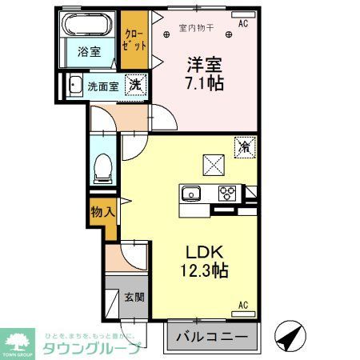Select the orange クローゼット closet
[x=134, y=39]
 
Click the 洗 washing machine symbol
[x=136, y=84]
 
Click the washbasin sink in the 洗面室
[x=74, y=85]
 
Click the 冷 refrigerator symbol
[x=244, y=147]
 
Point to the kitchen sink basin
[x=192, y=192]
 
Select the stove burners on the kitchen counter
[x=228, y=193]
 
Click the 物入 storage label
[x=102, y=213]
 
